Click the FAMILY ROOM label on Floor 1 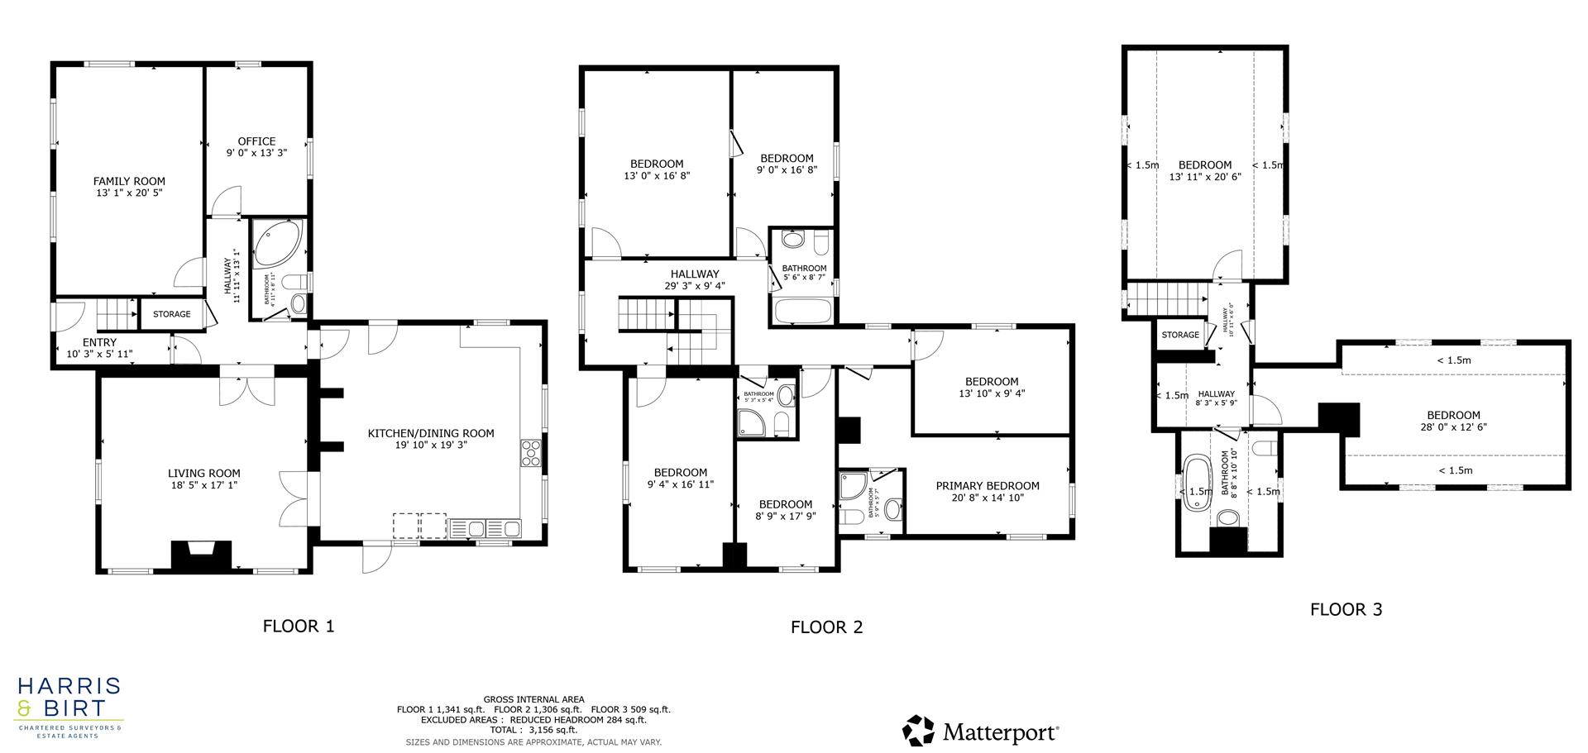(x=129, y=181)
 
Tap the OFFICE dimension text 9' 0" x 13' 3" (x=256, y=153)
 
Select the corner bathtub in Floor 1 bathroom (x=276, y=242)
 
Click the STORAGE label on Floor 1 (x=172, y=314)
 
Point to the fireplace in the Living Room (x=200, y=555)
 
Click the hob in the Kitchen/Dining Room (x=530, y=454)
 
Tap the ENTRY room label (x=99, y=342)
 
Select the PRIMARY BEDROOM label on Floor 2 (x=988, y=486)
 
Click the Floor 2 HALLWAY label (x=695, y=274)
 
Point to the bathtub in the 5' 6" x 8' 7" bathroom (x=802, y=311)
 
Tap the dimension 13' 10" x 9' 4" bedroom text (x=992, y=393)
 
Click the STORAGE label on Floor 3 (x=1180, y=335)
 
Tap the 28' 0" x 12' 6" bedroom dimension (x=1453, y=427)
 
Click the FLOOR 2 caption (x=826, y=627)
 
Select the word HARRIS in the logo (x=69, y=687)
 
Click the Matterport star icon (x=918, y=731)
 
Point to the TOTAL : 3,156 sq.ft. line (x=533, y=730)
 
